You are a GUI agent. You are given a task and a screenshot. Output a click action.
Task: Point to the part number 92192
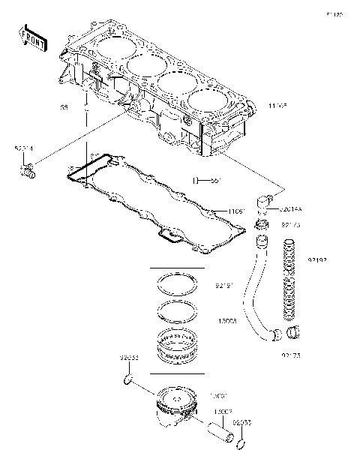click(317, 259)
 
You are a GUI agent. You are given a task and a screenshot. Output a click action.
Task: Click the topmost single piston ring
click(177, 286)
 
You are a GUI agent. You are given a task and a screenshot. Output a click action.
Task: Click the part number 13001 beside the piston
click(218, 394)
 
